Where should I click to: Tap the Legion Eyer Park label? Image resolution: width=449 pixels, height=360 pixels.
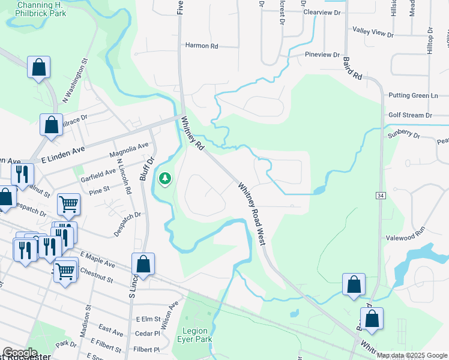click(194, 335)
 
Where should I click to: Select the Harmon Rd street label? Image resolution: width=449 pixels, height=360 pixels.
click(201, 46)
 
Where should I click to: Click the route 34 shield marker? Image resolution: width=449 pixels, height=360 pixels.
click(381, 196)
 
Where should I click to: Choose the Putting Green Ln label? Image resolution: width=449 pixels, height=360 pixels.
click(414, 95)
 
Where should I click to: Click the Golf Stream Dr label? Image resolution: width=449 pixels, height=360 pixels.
click(410, 115)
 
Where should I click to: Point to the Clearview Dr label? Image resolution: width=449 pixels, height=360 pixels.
click(322, 12)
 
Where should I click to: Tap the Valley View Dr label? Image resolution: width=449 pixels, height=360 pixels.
click(373, 32)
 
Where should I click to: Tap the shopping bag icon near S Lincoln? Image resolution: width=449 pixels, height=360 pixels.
click(143, 263)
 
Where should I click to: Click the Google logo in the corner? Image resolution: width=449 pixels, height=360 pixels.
click(20, 353)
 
